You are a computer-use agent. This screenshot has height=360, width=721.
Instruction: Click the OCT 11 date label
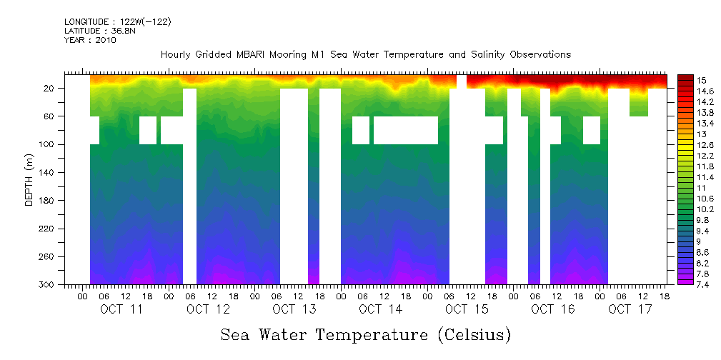tap(122, 309)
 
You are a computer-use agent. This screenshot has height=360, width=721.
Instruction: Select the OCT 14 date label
tap(381, 309)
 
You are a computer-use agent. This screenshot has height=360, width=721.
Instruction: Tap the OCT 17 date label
tap(630, 309)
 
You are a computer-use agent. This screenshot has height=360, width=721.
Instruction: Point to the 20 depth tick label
tap(50, 88)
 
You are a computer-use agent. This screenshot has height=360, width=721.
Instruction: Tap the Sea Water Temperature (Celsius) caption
tap(366, 334)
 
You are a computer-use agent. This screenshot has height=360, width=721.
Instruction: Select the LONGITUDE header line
tap(118, 22)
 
